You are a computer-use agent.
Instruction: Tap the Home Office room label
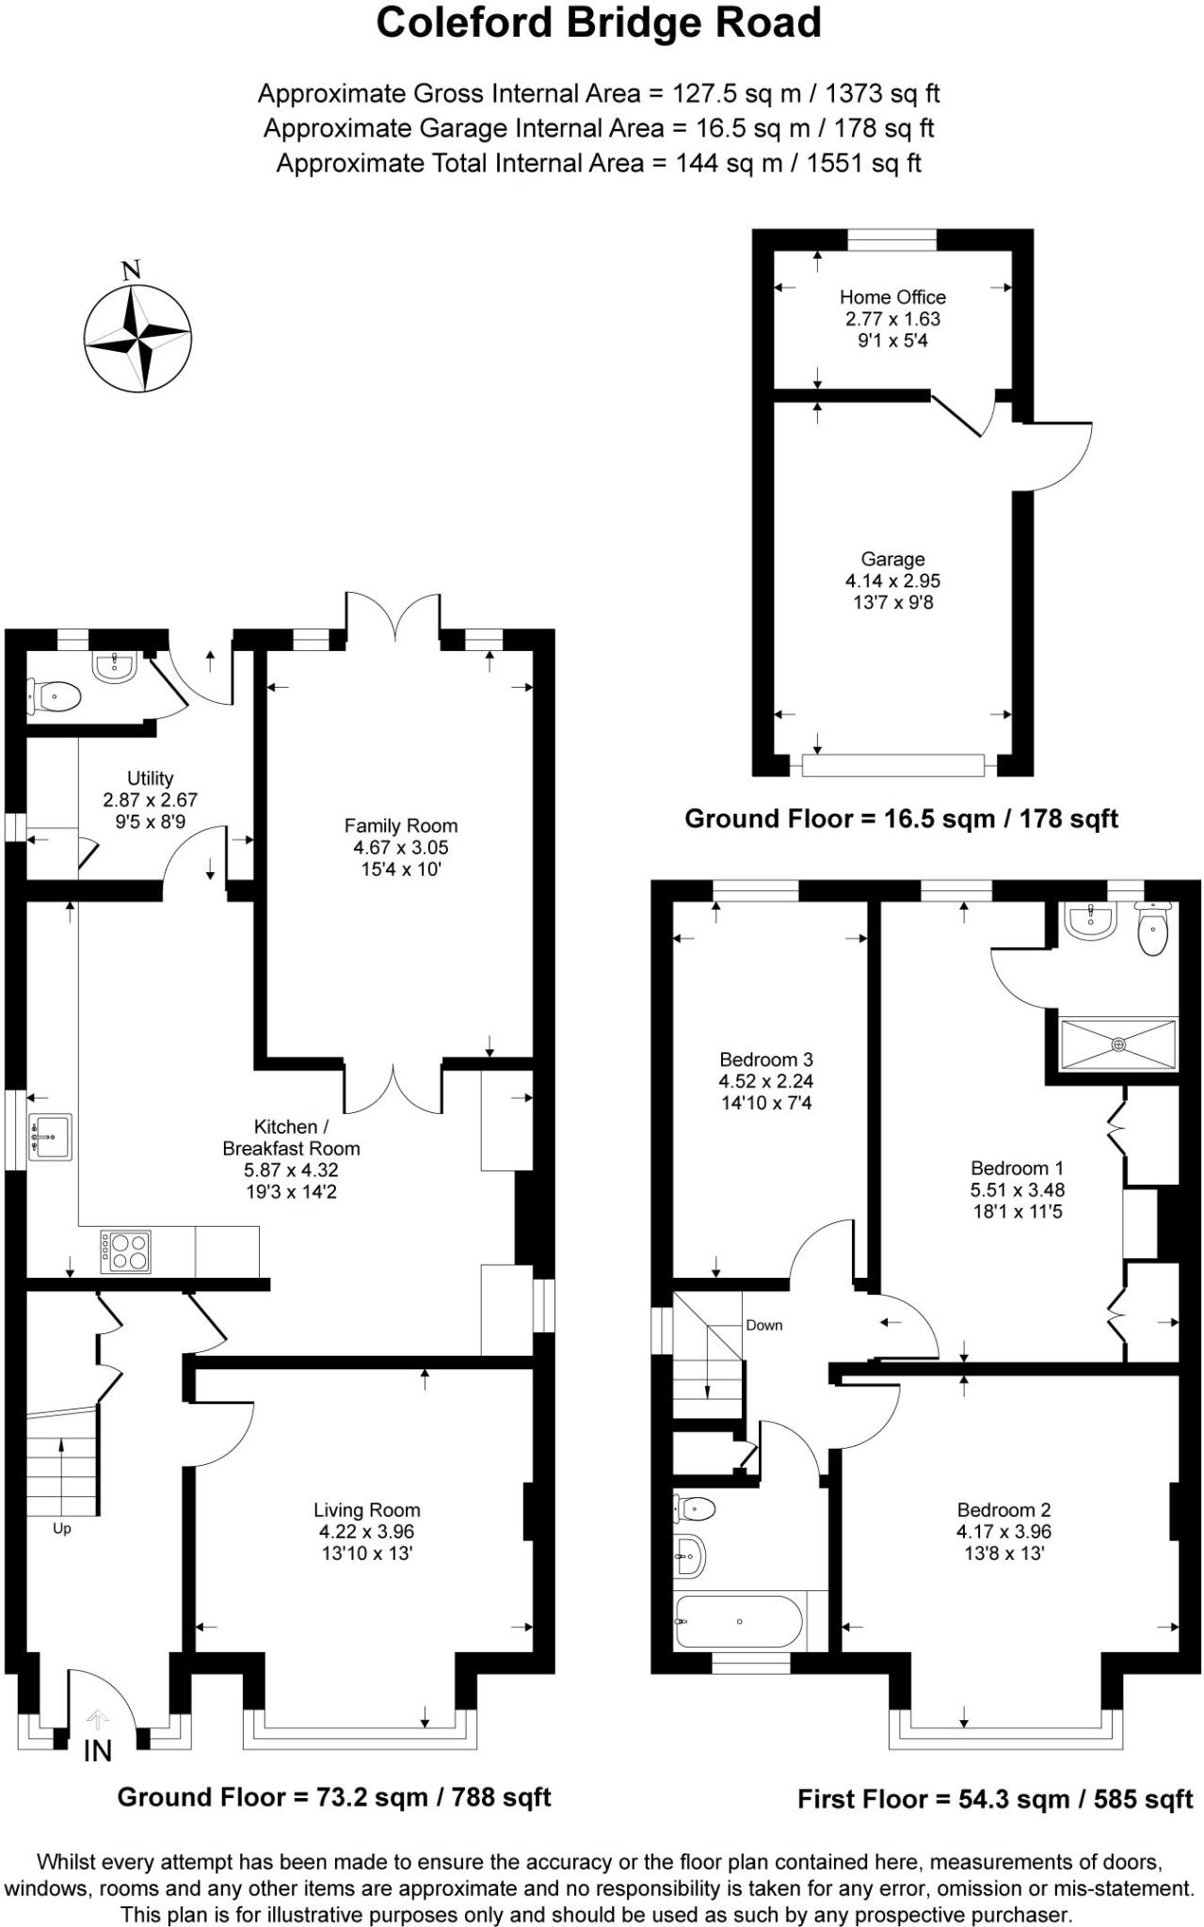point(891,297)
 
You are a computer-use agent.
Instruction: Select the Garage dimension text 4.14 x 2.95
point(891,581)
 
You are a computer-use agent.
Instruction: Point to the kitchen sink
point(50,1137)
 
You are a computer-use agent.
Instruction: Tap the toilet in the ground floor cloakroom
point(54,698)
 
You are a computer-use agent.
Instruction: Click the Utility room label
point(151,778)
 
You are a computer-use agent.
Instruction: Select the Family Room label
point(400,826)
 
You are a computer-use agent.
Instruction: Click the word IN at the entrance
point(98,1751)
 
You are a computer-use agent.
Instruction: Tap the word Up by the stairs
point(62,1529)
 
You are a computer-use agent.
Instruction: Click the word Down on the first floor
point(763,1325)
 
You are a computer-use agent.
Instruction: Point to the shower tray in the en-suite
point(1118,1044)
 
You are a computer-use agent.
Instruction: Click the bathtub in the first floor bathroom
point(738,1621)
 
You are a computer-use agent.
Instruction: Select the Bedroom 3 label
point(765,1059)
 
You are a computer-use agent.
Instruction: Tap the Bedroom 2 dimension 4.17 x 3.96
point(1003,1532)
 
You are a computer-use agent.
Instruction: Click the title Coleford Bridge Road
point(599,24)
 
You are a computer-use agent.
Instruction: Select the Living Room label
point(366,1510)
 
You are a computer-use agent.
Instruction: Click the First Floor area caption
point(995,1799)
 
